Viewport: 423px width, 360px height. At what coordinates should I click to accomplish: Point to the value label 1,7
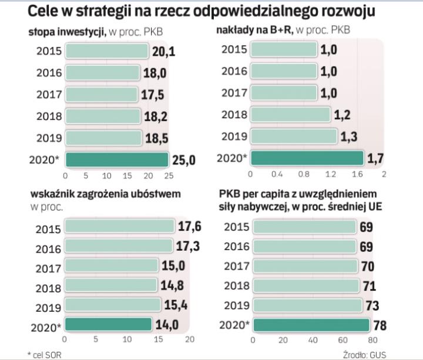tap(375, 158)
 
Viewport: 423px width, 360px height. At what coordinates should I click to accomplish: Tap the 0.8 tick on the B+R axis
tap(304, 174)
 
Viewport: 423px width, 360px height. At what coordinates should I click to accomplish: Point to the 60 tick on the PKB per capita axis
tap(342, 339)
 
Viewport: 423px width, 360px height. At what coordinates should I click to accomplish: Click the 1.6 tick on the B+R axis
tap(357, 174)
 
